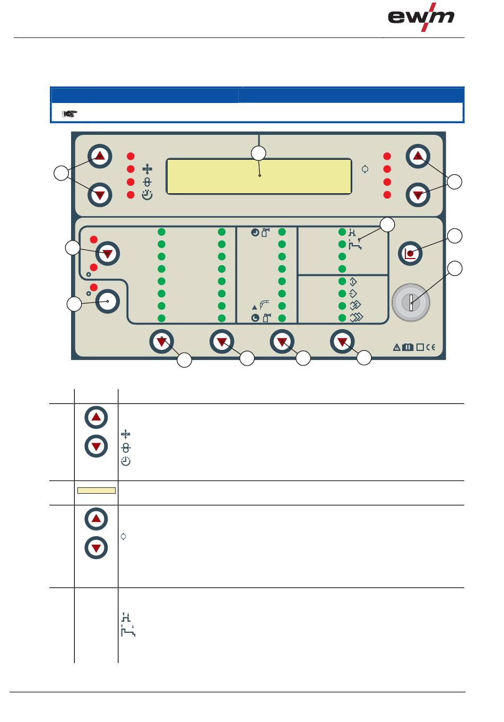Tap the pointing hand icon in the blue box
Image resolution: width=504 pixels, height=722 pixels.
click(70, 113)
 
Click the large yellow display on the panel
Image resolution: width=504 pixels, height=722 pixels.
click(259, 176)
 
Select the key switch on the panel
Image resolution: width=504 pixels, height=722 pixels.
click(411, 303)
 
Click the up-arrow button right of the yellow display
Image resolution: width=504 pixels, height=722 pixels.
click(418, 157)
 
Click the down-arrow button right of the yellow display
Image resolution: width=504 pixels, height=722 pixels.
click(418, 195)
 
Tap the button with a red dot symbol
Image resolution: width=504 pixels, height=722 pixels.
click(410, 254)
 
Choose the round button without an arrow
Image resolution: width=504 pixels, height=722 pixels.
click(108, 301)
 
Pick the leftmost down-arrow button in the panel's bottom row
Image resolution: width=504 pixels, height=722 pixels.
click(162, 342)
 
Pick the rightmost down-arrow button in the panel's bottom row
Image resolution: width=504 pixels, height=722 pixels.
click(342, 342)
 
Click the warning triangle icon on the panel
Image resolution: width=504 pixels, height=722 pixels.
click(397, 347)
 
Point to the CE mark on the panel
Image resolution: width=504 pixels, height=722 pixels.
click(430, 347)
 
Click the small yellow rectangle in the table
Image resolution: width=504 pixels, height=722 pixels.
click(96, 491)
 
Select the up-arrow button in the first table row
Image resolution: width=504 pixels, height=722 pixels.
click(96, 418)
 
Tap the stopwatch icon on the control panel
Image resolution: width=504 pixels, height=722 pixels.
click(147, 195)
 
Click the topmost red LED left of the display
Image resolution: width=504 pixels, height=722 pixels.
click(131, 157)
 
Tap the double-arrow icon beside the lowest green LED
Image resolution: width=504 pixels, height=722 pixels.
click(357, 317)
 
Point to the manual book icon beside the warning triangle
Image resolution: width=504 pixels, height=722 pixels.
click(407, 347)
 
